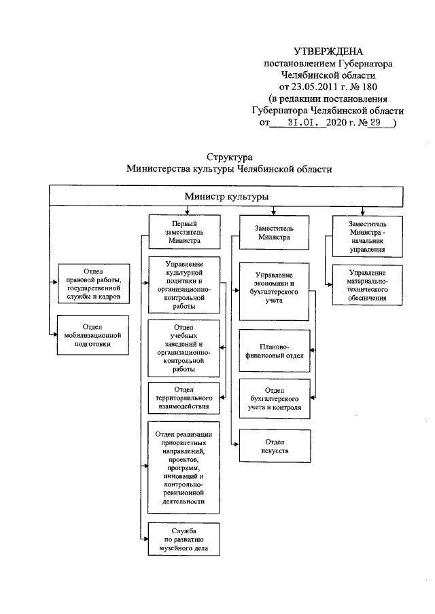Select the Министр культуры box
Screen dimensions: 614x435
coord(225,196)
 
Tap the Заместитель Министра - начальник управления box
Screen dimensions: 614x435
coord(368,235)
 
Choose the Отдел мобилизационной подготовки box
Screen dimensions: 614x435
coord(92,334)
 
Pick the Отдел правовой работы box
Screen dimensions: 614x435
coord(92,284)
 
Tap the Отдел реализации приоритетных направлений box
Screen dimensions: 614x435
coord(184,467)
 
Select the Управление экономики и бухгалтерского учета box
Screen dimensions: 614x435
coord(273,292)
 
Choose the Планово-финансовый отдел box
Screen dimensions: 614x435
coord(273,349)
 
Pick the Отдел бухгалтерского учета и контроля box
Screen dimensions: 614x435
coord(275,400)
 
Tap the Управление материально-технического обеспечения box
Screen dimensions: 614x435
coord(368,287)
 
